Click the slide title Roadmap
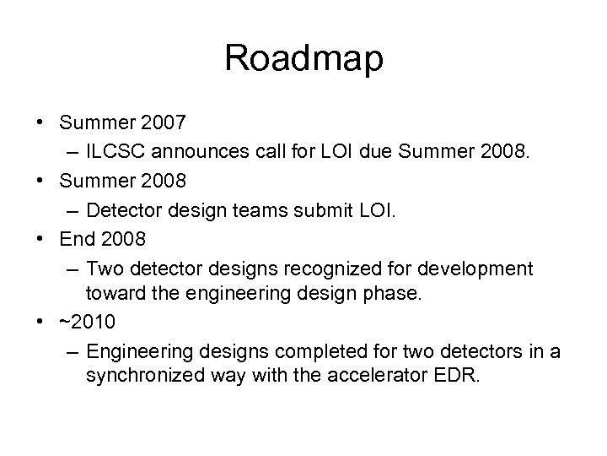[x=303, y=58]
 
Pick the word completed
[x=297, y=350]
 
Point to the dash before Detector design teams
[x=70, y=209]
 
